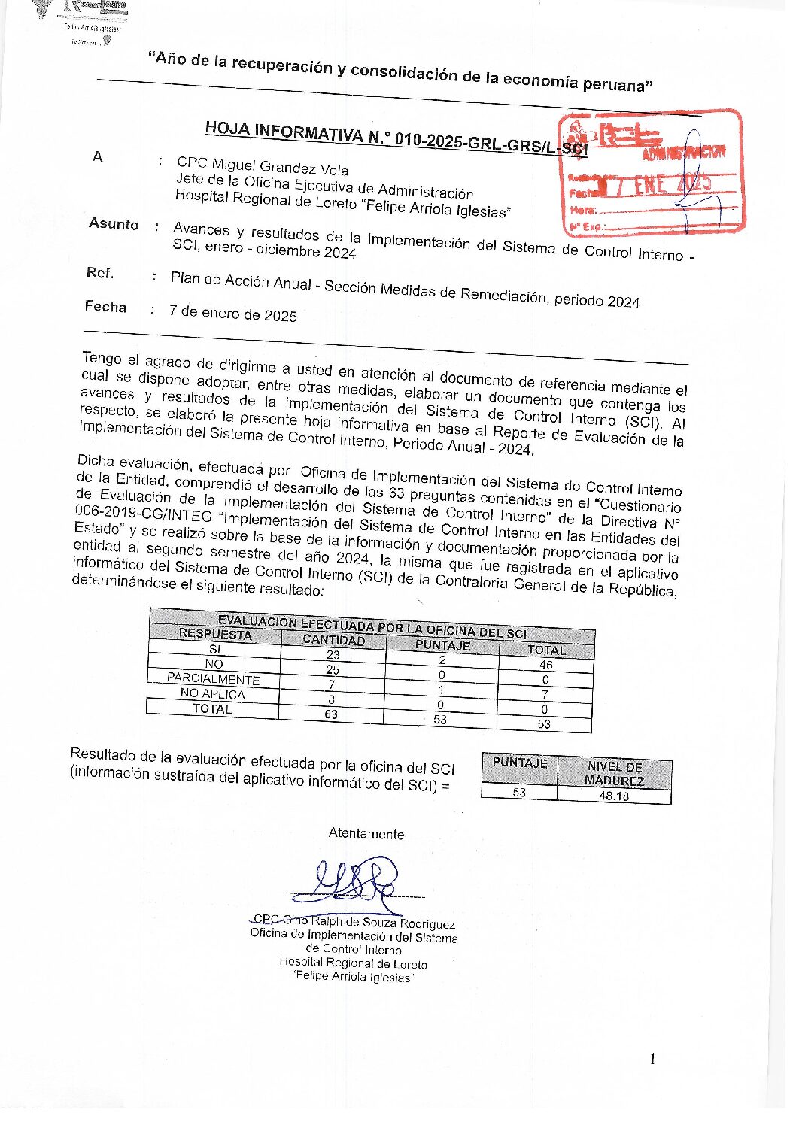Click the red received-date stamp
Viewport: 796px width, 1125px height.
click(650, 172)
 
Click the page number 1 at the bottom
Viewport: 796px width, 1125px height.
click(652, 1059)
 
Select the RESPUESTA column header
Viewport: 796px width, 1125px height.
click(215, 634)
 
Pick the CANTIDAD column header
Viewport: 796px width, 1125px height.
click(333, 640)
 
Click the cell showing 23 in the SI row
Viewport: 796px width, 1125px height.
click(333, 655)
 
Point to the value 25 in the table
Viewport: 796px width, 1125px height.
click(332, 669)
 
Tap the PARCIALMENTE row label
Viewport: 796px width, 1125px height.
click(213, 678)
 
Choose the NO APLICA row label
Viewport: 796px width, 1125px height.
click(213, 693)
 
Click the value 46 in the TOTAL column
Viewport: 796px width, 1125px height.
click(545, 665)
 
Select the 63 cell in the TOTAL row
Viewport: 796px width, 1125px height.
click(331, 714)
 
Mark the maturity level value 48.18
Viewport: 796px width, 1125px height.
click(613, 796)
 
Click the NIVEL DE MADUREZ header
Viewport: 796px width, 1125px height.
click(614, 773)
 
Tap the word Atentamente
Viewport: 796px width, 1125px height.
click(366, 833)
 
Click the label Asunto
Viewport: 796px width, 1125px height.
click(114, 224)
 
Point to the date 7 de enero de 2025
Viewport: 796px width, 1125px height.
click(233, 313)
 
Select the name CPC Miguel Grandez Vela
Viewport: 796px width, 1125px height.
click(263, 166)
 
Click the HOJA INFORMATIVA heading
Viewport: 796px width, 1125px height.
click(396, 137)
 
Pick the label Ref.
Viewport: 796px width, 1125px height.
click(100, 273)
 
